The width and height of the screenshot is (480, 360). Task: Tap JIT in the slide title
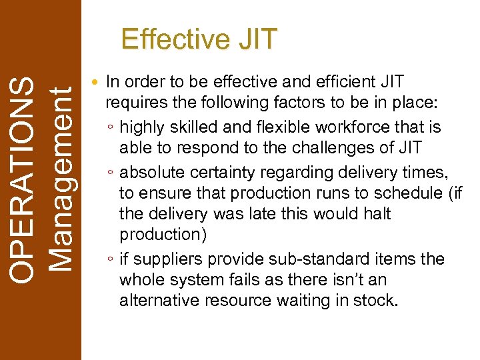pyautogui.click(x=255, y=39)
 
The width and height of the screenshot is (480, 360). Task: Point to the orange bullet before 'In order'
pyautogui.click(x=97, y=83)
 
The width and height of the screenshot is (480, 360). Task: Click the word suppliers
pyautogui.click(x=163, y=259)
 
